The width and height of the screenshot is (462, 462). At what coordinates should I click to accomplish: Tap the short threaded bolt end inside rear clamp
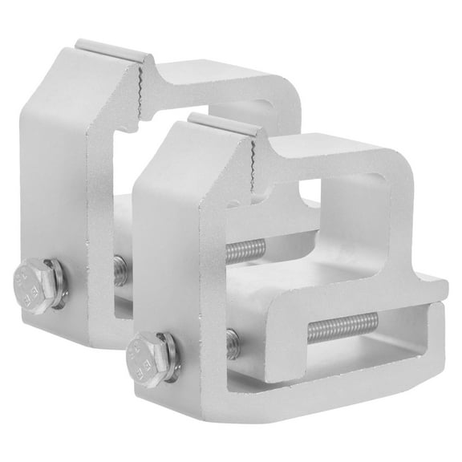coord(119,270)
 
